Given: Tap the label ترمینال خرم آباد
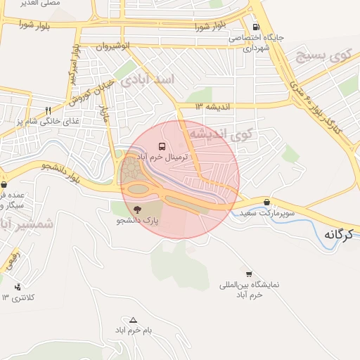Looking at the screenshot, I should point(163,157).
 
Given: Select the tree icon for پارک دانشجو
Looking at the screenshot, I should point(136,209).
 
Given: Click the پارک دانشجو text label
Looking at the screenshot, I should point(138,220).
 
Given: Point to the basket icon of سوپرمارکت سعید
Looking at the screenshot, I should point(266,201).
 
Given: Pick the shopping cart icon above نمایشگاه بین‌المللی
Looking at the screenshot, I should point(248,273).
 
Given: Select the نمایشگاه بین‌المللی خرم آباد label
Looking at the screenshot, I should point(250,290).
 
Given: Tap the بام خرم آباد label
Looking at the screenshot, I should point(130,330).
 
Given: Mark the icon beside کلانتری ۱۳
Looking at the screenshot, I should point(18,287).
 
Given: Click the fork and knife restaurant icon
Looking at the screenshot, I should point(48,110).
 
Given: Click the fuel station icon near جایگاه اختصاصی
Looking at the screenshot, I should point(255,26).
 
